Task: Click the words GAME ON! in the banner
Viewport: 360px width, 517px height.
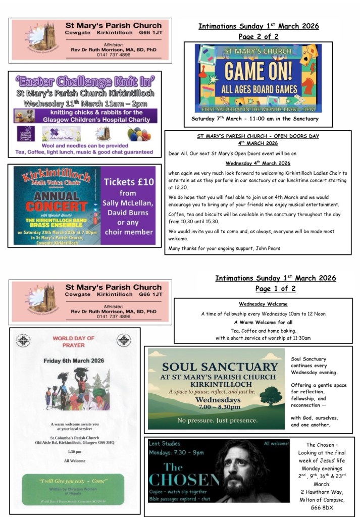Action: click(x=250, y=72)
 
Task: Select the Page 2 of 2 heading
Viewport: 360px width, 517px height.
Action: click(x=258, y=37)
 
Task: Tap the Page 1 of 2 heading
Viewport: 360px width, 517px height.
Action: click(x=275, y=289)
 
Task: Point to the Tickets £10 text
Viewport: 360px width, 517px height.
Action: click(x=128, y=182)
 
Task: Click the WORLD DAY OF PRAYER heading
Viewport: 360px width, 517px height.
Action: click(x=74, y=341)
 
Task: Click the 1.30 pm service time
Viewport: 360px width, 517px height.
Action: click(x=74, y=452)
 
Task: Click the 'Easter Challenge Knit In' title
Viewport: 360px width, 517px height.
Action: click(x=84, y=82)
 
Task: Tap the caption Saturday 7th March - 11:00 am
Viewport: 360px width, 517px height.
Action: click(x=255, y=119)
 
